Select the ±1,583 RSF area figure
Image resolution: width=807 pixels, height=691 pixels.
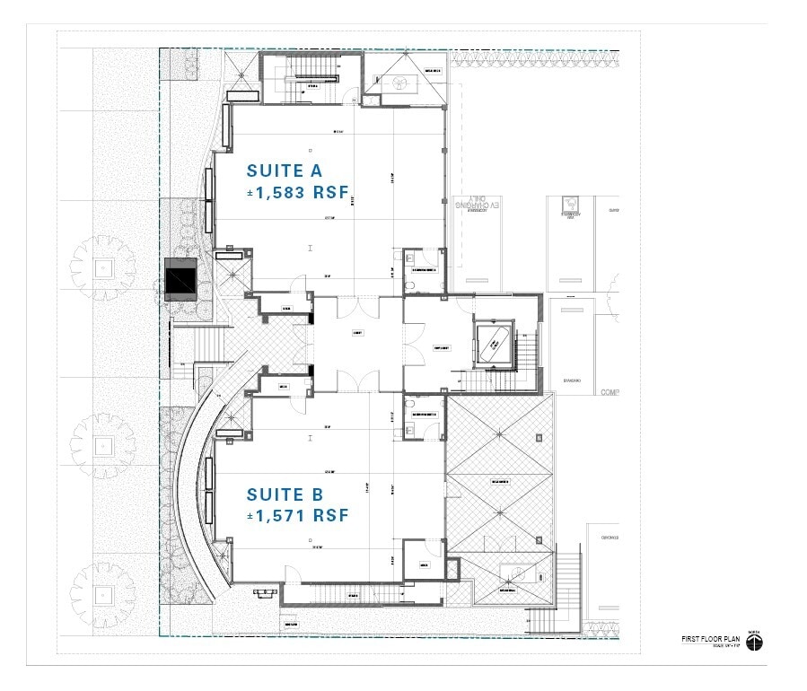pyautogui.click(x=297, y=192)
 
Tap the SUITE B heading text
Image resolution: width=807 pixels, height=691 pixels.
pyautogui.click(x=285, y=494)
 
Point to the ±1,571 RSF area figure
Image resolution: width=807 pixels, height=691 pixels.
pyautogui.click(x=297, y=516)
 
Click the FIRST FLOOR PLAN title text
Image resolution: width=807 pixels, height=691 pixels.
pyautogui.click(x=709, y=638)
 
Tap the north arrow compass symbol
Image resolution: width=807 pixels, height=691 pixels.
pyautogui.click(x=752, y=642)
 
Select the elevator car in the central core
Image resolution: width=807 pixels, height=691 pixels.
pyautogui.click(x=492, y=342)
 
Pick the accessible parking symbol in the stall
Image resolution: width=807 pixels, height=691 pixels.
pyautogui.click(x=568, y=205)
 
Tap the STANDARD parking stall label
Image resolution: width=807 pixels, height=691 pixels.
pyautogui.click(x=575, y=380)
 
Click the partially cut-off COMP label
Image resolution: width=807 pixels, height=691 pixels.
pyautogui.click(x=610, y=392)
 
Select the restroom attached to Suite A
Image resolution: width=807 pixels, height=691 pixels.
pyautogui.click(x=422, y=269)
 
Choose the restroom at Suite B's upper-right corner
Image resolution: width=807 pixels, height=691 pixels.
pyautogui.click(x=422, y=415)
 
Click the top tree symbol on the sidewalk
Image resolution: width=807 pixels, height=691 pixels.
pyautogui.click(x=104, y=267)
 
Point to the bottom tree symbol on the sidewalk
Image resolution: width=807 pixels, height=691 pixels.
pyautogui.click(x=104, y=593)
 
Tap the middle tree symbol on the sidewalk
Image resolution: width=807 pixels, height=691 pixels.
pyautogui.click(x=104, y=443)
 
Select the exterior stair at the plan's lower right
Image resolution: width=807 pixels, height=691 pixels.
pyautogui.click(x=568, y=582)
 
